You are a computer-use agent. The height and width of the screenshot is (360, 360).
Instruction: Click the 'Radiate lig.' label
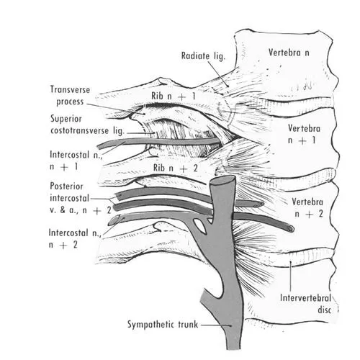(203, 56)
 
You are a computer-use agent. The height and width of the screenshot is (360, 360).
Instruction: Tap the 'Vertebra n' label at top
(289, 53)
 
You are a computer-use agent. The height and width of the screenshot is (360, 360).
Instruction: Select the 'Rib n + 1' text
(174, 96)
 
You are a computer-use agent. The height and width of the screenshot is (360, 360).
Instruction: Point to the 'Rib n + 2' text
(176, 168)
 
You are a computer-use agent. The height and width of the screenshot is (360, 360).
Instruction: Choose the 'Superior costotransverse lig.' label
(87, 125)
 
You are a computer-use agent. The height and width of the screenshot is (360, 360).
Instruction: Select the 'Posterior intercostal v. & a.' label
(81, 198)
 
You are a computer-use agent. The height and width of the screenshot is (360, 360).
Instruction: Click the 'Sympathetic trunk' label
(163, 325)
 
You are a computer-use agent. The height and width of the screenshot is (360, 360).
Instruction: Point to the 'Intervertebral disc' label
(306, 304)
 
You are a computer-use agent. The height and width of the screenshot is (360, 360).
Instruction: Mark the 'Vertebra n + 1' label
(304, 134)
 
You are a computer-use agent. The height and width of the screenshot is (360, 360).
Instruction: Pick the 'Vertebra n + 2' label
(307, 207)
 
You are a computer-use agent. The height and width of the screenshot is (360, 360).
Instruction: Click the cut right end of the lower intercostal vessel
(290, 228)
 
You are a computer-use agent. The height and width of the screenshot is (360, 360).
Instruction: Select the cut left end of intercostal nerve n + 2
(113, 221)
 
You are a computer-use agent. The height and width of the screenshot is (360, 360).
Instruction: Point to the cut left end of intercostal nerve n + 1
(101, 146)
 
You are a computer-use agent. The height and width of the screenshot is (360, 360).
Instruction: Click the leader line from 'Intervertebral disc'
(290, 276)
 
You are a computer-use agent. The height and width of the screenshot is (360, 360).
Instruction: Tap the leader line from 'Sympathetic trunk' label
(216, 325)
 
